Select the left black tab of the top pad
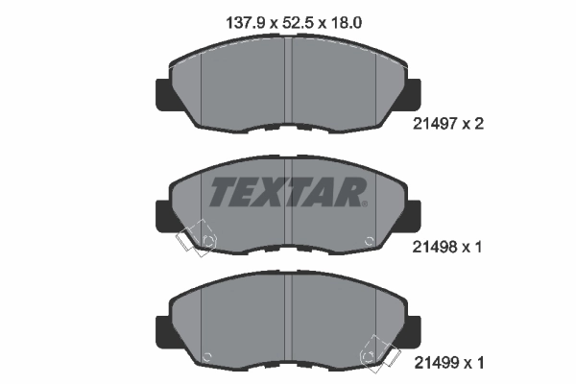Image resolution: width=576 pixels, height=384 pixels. click(162, 93)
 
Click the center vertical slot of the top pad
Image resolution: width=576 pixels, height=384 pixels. click(288, 86)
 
